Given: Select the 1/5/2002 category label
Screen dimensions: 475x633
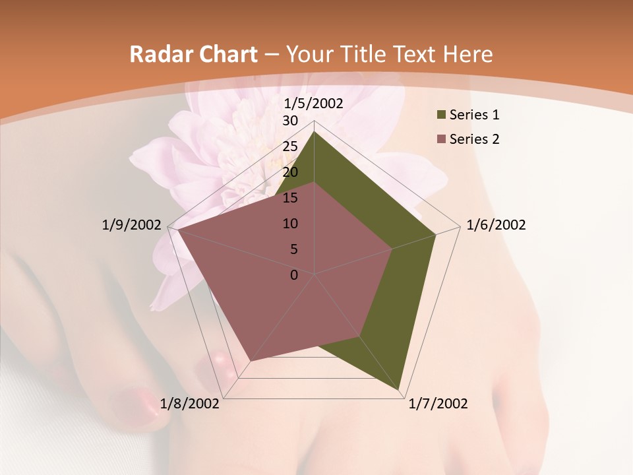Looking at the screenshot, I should (x=313, y=104).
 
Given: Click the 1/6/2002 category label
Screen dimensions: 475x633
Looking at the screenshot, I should (x=496, y=225).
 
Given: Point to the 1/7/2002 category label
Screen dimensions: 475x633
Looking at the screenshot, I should (x=438, y=404).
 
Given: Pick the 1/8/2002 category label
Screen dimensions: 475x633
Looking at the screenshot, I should (x=190, y=404).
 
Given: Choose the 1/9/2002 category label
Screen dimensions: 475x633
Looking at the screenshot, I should (x=131, y=225).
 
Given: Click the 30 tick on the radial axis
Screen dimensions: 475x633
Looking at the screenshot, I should (x=290, y=121).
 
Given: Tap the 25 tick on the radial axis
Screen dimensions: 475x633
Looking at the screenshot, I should (x=290, y=146).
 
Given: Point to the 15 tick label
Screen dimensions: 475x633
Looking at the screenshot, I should (x=290, y=198).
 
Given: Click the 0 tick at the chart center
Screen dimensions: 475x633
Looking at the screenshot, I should (x=294, y=275).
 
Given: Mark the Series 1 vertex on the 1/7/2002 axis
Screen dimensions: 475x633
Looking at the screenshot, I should (x=399, y=390).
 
